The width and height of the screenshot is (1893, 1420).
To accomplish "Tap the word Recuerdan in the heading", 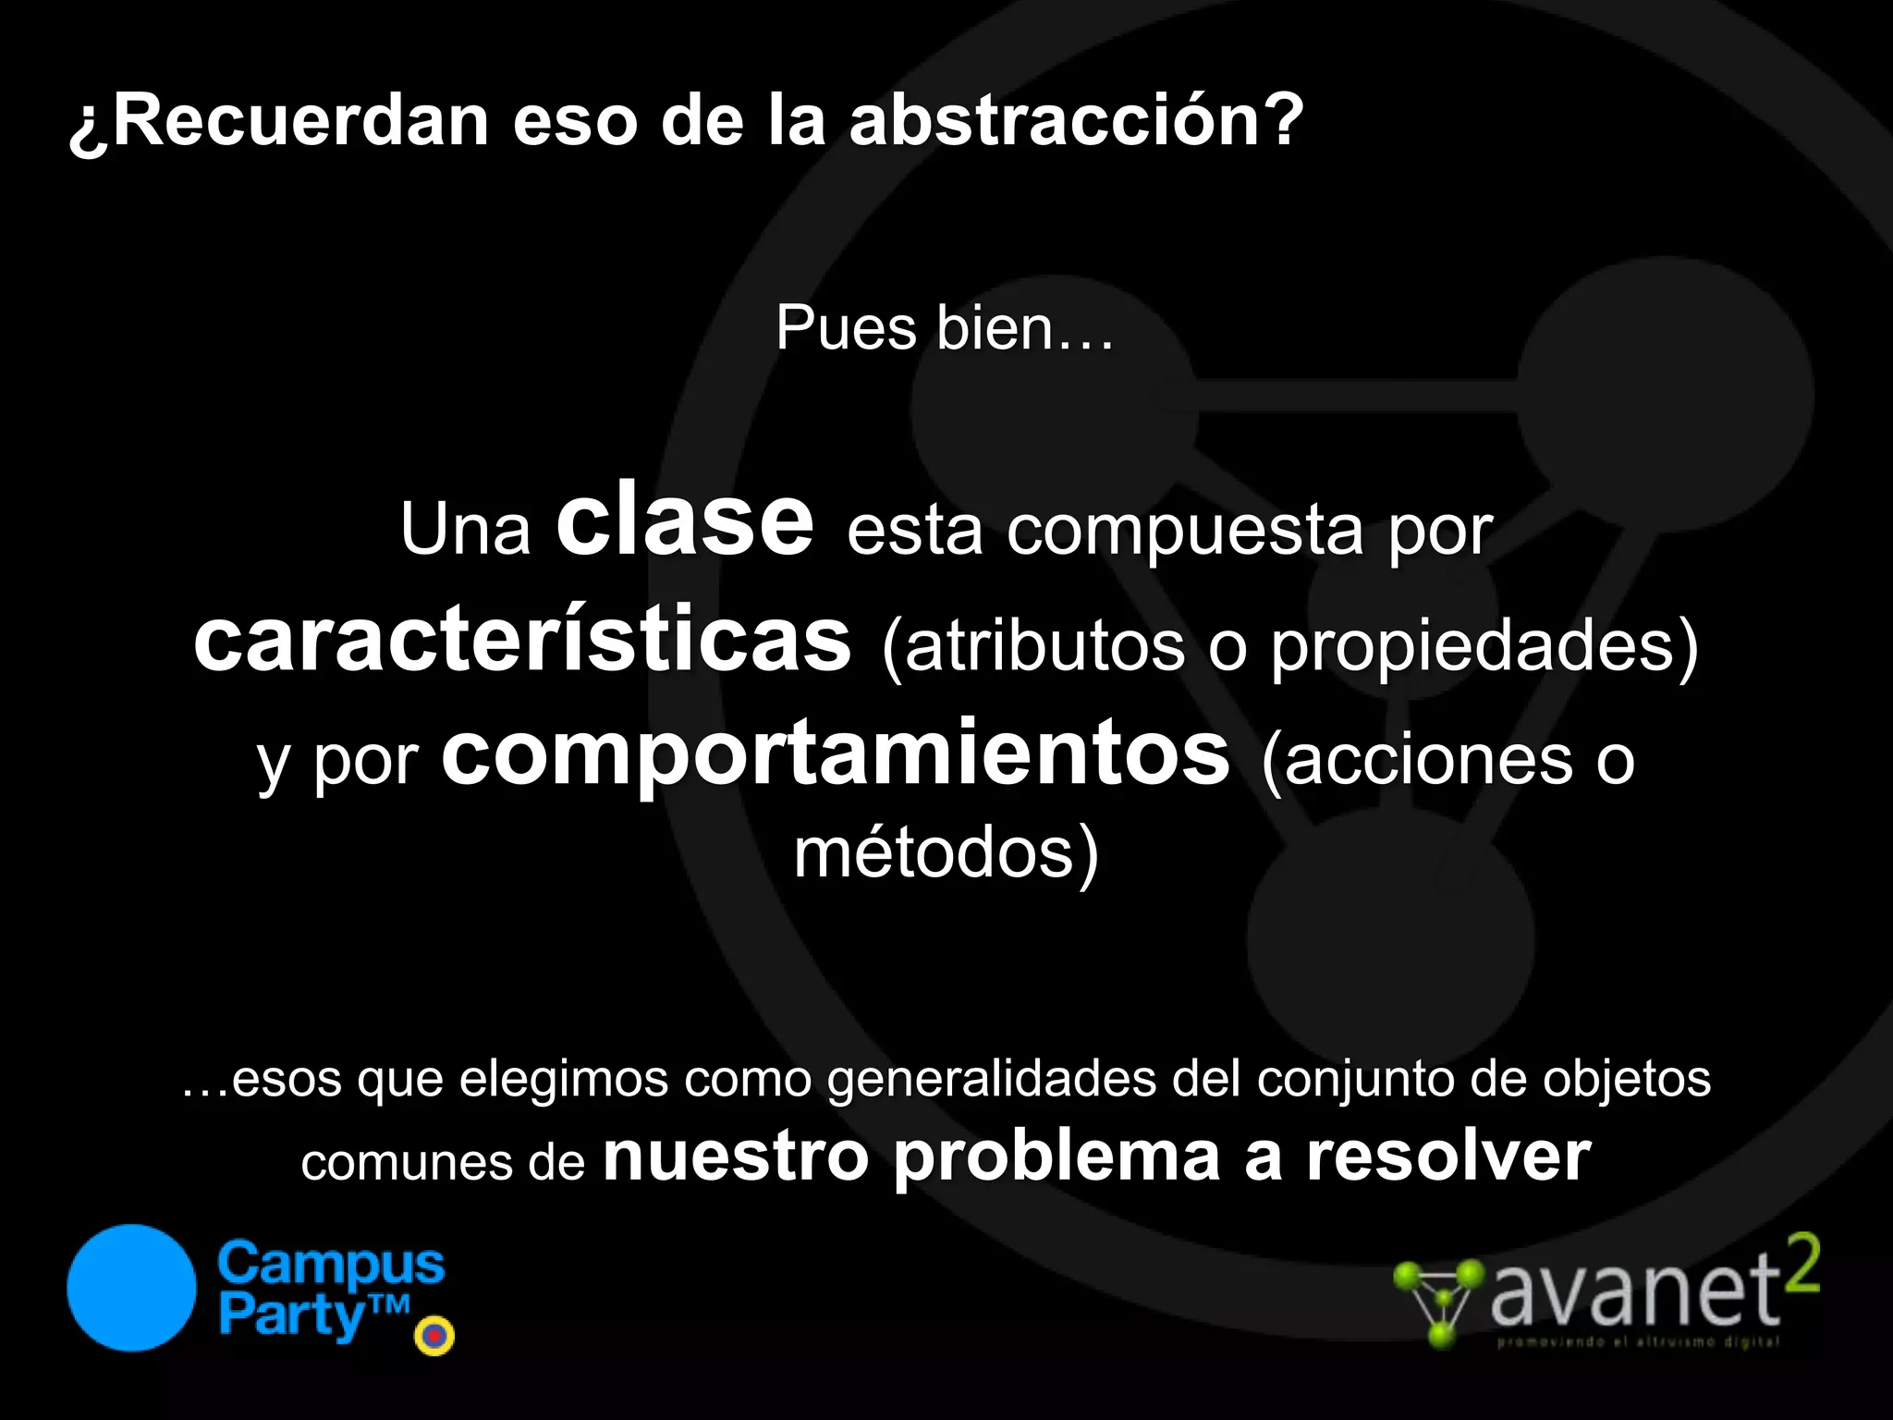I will click(x=300, y=121).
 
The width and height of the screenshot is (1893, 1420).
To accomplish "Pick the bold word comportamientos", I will click(x=836, y=754).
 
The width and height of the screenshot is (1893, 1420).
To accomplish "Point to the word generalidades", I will click(x=992, y=1078).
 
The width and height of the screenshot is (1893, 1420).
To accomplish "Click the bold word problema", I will click(x=1056, y=1157).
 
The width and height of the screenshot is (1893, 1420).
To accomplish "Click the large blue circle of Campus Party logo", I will click(x=132, y=1288).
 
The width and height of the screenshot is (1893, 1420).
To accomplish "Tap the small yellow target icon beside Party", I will click(x=434, y=1335).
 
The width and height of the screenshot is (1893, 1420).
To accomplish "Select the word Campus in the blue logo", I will click(x=331, y=1265).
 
